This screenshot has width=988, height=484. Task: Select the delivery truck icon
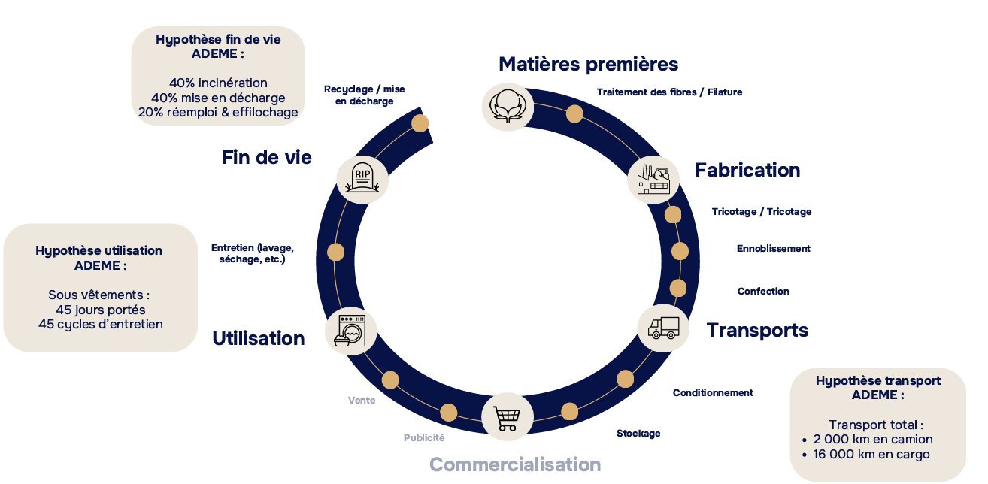click(x=663, y=328)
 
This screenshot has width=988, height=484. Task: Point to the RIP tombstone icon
click(x=362, y=179)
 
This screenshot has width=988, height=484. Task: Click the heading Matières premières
click(x=589, y=64)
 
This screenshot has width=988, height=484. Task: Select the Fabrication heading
click(x=747, y=170)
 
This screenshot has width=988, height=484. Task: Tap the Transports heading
click(x=757, y=330)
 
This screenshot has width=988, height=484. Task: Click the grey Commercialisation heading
click(x=515, y=464)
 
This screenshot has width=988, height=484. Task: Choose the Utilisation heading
click(x=259, y=338)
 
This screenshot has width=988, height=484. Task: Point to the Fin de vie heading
click(x=267, y=157)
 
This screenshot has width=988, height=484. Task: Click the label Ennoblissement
click(x=774, y=249)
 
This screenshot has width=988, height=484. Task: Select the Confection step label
click(x=763, y=292)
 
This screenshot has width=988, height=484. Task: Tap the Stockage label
click(x=638, y=434)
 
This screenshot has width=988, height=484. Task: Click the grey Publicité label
click(x=424, y=437)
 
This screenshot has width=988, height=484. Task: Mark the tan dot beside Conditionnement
click(x=625, y=379)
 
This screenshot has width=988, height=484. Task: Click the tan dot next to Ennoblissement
click(x=680, y=250)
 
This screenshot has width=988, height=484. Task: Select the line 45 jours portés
click(x=101, y=310)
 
